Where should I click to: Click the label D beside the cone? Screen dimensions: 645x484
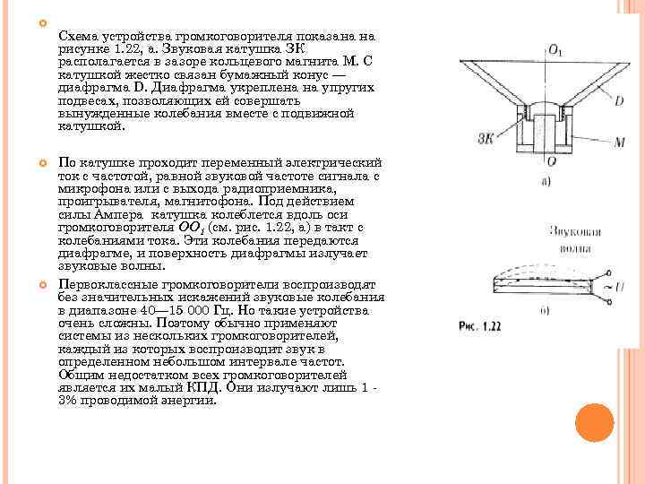tap(593, 101)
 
